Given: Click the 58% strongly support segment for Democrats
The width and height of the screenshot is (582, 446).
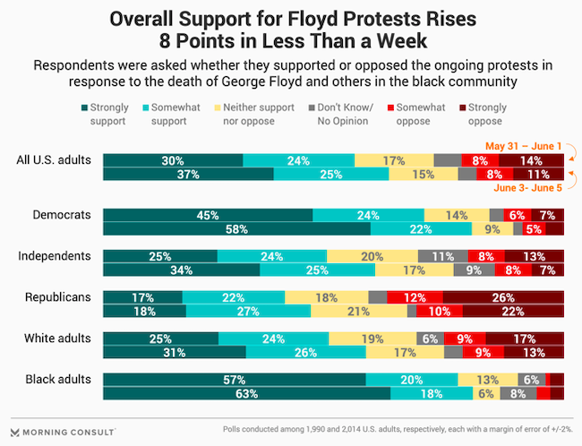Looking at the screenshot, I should [236, 229].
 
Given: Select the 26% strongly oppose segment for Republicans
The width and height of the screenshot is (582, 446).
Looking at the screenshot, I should [502, 297].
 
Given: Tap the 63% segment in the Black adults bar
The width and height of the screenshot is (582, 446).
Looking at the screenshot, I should [246, 393].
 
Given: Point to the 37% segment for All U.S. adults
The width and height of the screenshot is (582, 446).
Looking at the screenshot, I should [188, 175].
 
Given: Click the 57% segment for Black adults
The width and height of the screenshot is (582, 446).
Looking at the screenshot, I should [234, 379].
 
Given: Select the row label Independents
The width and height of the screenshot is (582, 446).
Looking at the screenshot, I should [54, 256].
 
